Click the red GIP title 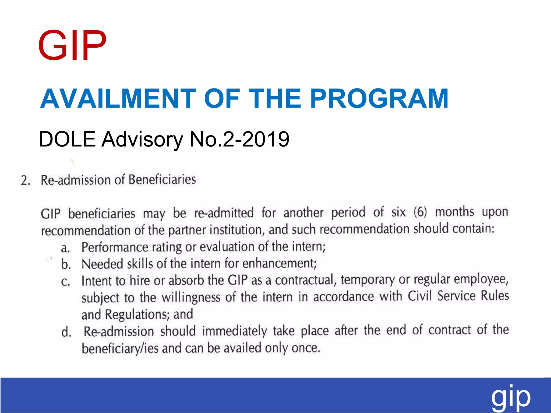click(x=72, y=45)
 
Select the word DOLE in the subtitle click(x=67, y=139)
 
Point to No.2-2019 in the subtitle click(x=239, y=139)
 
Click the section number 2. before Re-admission click(x=26, y=180)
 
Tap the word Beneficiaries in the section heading click(x=162, y=180)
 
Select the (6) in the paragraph click(x=420, y=212)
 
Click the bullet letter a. click(x=65, y=248)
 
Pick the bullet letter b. click(x=66, y=265)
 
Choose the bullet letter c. click(x=65, y=282)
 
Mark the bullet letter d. click(x=66, y=332)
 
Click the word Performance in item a click(x=115, y=247)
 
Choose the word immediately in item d click(x=234, y=331)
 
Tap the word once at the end click(x=306, y=348)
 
